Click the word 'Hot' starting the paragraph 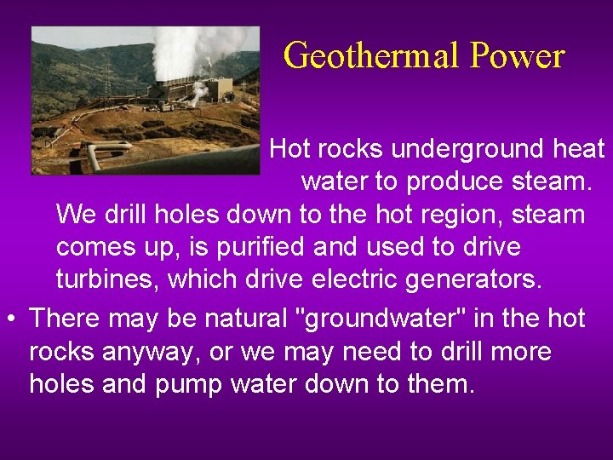coord(290,150)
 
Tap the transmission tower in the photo coord(108,81)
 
